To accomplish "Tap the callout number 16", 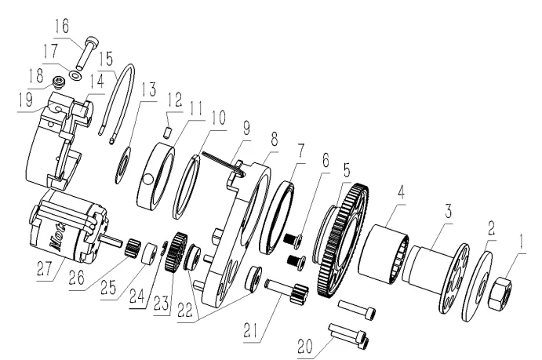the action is coord(62,26).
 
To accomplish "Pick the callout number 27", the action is coord(45,268).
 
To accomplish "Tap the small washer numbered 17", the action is coord(75,75).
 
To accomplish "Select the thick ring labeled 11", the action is coord(155,176).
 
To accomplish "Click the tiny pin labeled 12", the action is coord(167,133).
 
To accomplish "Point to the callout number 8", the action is coord(274,139).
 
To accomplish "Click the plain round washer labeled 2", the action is coord(478,287).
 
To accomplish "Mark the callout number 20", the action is coord(305,347).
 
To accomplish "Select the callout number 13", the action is coord(148,89).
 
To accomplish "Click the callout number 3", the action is coord(448,212).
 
